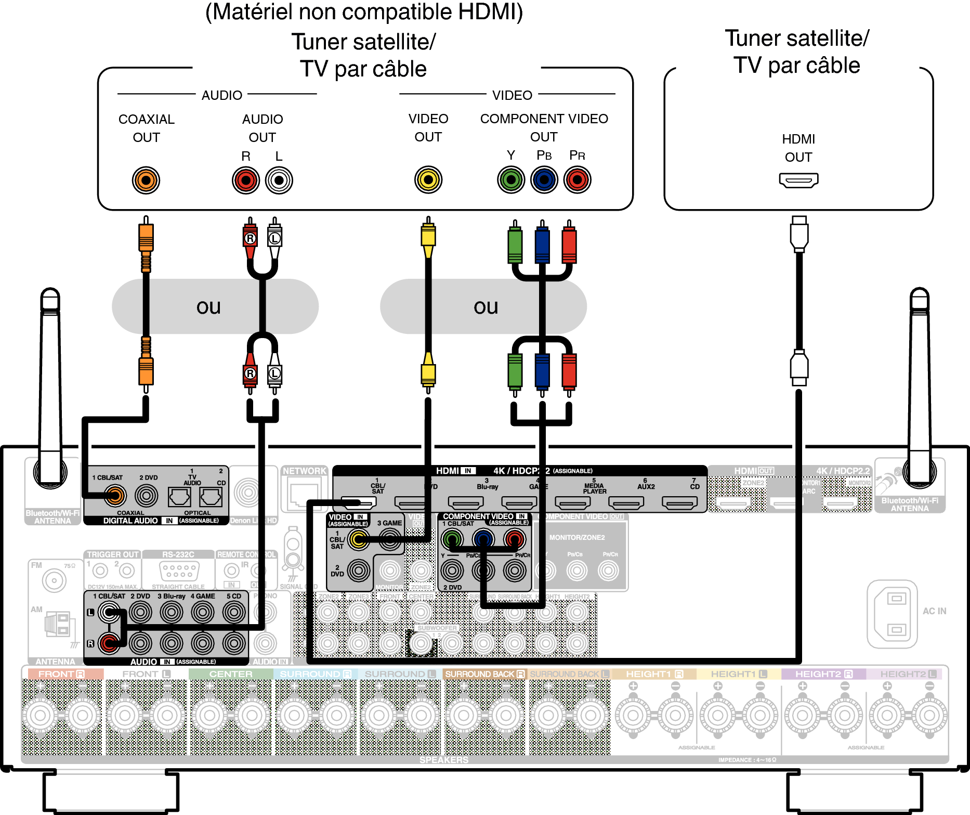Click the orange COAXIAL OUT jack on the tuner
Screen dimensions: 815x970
[146, 180]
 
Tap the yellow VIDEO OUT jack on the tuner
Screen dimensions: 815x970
[428, 180]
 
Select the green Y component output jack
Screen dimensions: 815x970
[511, 180]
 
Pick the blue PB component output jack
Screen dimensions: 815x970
[544, 180]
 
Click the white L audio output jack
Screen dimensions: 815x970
[279, 180]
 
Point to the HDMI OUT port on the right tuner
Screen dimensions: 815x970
[798, 180]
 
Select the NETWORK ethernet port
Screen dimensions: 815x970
[304, 494]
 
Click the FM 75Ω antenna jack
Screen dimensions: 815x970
[54, 580]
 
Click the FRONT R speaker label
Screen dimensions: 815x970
[61, 674]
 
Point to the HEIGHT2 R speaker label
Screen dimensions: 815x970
[823, 674]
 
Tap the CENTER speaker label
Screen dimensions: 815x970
[231, 674]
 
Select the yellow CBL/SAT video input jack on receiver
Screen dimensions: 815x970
[358, 539]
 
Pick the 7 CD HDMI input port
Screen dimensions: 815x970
[679, 502]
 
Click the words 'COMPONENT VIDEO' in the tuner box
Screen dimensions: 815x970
[544, 119]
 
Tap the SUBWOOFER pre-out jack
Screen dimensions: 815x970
[421, 644]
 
